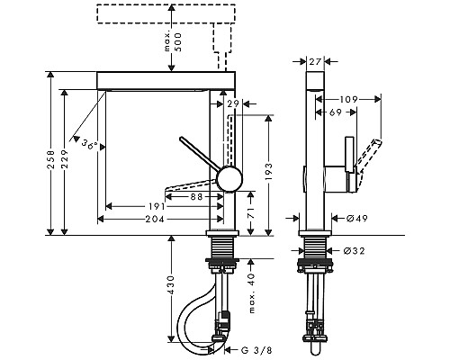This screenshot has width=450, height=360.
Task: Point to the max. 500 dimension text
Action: coord(174,41)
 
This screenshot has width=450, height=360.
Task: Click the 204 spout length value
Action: coord(155,220)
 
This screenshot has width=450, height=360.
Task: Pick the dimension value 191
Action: coord(157,206)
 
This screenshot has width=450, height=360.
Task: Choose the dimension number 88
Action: coord(197,197)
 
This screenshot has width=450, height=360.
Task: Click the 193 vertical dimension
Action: coord(268,172)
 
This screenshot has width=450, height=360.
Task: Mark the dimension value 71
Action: coord(251,211)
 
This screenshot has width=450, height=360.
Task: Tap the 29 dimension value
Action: coord(233,103)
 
